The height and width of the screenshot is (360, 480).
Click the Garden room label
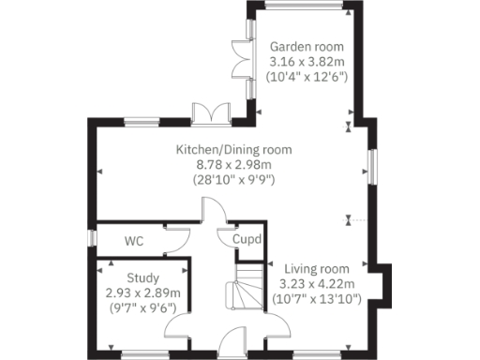(x=307, y=47)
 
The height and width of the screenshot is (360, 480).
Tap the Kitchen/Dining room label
(x=233, y=149)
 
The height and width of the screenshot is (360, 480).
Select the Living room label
(x=315, y=268)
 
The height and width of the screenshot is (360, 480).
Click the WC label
(x=135, y=240)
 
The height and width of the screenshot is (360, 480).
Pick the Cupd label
(x=247, y=239)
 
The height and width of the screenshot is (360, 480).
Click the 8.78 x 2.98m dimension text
(x=233, y=164)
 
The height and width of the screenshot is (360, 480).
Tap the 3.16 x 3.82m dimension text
(x=307, y=62)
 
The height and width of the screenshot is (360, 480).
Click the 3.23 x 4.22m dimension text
(x=315, y=283)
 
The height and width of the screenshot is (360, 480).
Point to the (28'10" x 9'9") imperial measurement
(x=233, y=178)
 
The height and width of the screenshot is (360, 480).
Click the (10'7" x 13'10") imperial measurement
(x=315, y=298)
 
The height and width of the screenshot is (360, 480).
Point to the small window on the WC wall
(x=92, y=240)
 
